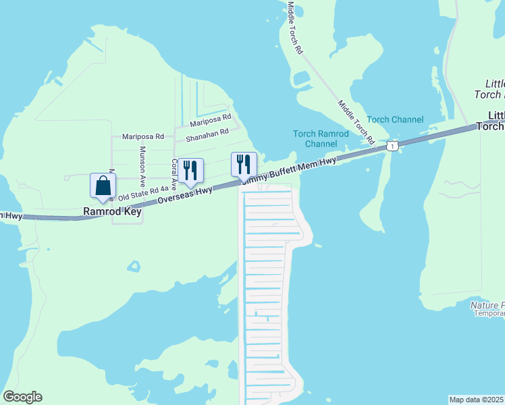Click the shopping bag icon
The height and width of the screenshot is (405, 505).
(x=103, y=186)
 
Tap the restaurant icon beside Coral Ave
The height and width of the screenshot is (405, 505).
(x=190, y=171)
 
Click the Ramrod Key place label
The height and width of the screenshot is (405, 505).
(x=112, y=211)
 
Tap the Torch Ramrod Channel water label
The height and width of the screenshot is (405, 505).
(x=321, y=138)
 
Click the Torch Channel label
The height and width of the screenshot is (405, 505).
(x=395, y=119)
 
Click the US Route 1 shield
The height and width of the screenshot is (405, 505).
(x=392, y=145)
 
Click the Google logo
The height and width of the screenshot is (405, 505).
(x=22, y=397)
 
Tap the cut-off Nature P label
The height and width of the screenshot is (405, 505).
(x=487, y=305)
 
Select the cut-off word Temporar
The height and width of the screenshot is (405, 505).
(x=489, y=313)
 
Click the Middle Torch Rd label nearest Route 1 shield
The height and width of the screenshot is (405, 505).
(x=356, y=122)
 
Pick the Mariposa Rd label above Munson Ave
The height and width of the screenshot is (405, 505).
(x=142, y=136)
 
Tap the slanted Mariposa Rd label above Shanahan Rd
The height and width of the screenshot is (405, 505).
(x=210, y=119)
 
